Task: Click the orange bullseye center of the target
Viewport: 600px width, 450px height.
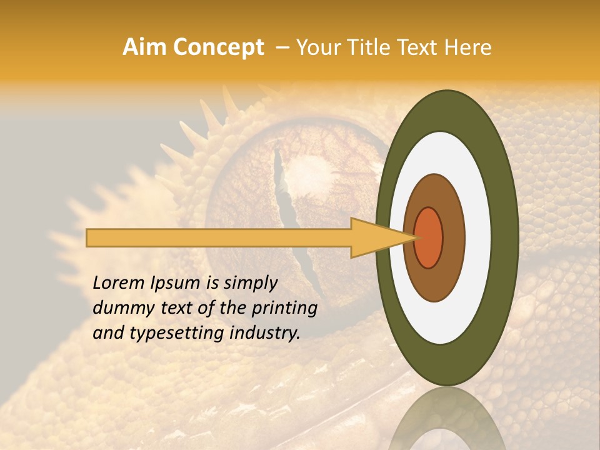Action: pyautogui.click(x=429, y=237)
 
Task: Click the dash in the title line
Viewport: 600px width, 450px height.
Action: pyautogui.click(x=282, y=47)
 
